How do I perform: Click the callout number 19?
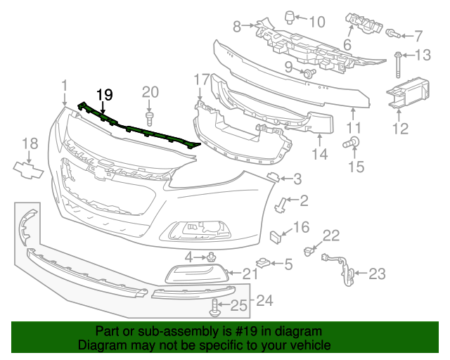click(x=104, y=94)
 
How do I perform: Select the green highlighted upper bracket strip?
click(x=141, y=131)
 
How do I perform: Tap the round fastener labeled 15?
click(x=348, y=144)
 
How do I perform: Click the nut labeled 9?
click(x=308, y=72)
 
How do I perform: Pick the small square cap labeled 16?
click(x=276, y=234)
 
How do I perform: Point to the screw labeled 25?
click(x=215, y=305)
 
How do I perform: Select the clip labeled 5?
click(x=264, y=264)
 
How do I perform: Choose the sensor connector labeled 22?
click(x=309, y=250)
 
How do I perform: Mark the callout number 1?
click(x=64, y=86)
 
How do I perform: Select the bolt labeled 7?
click(x=393, y=33)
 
